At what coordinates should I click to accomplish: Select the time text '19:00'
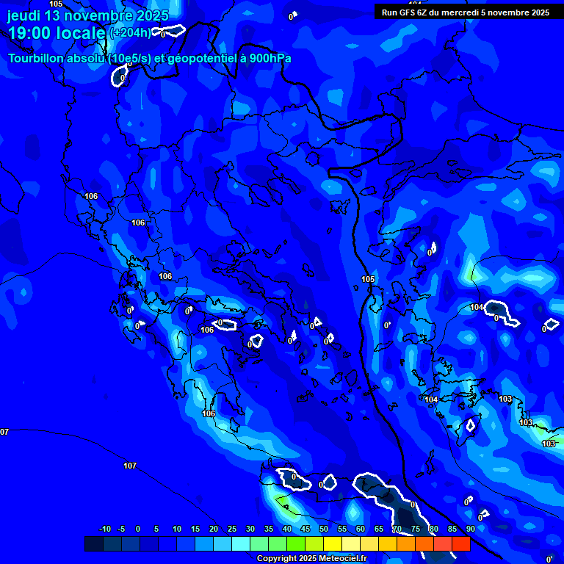pyautogui.click(x=33, y=33)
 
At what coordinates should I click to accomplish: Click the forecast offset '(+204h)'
pyautogui.click(x=130, y=32)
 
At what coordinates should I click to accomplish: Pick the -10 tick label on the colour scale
pyautogui.click(x=105, y=529)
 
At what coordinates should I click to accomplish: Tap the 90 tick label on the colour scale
pyautogui.click(x=471, y=529)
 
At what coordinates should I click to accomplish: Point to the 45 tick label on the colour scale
pyautogui.click(x=305, y=529)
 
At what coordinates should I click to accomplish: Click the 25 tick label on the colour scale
pyautogui.click(x=232, y=529)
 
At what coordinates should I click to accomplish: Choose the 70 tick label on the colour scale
pyautogui.click(x=397, y=529)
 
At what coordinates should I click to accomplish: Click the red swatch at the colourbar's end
pyautogui.click(x=460, y=543)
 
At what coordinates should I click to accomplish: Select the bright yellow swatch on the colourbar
pyautogui.click(x=332, y=543)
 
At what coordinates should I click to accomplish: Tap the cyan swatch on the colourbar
pyautogui.click(x=240, y=543)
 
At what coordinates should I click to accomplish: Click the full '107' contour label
pyautogui.click(x=130, y=466)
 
